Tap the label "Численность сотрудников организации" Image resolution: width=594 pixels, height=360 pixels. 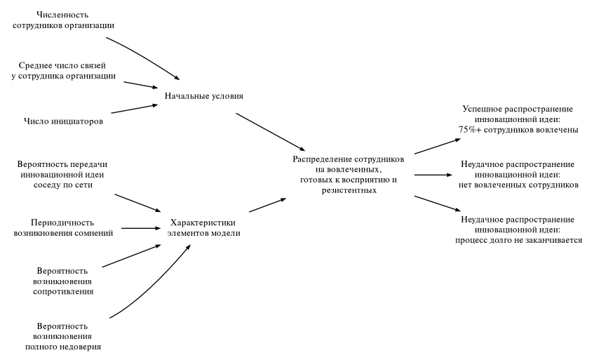pos(63,20)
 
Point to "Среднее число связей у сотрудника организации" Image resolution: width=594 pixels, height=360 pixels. pos(63,70)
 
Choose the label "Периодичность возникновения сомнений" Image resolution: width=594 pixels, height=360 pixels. pos(64,227)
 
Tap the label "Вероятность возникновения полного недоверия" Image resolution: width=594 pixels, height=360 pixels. pos(62,336)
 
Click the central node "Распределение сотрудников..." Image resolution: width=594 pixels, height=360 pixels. pos(348,175)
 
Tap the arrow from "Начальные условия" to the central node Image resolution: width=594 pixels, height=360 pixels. pos(270,131)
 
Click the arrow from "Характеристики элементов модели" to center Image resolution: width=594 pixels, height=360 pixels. pos(267,204)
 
